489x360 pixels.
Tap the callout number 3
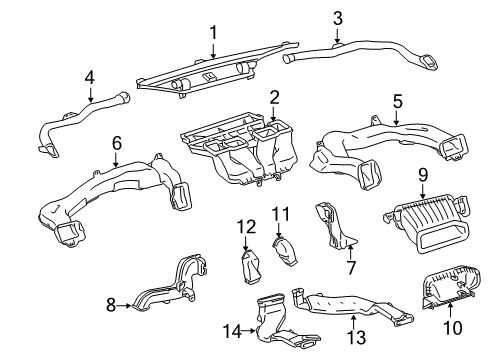point(337,18)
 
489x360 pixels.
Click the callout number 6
point(116,143)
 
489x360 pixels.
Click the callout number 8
point(111,304)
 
